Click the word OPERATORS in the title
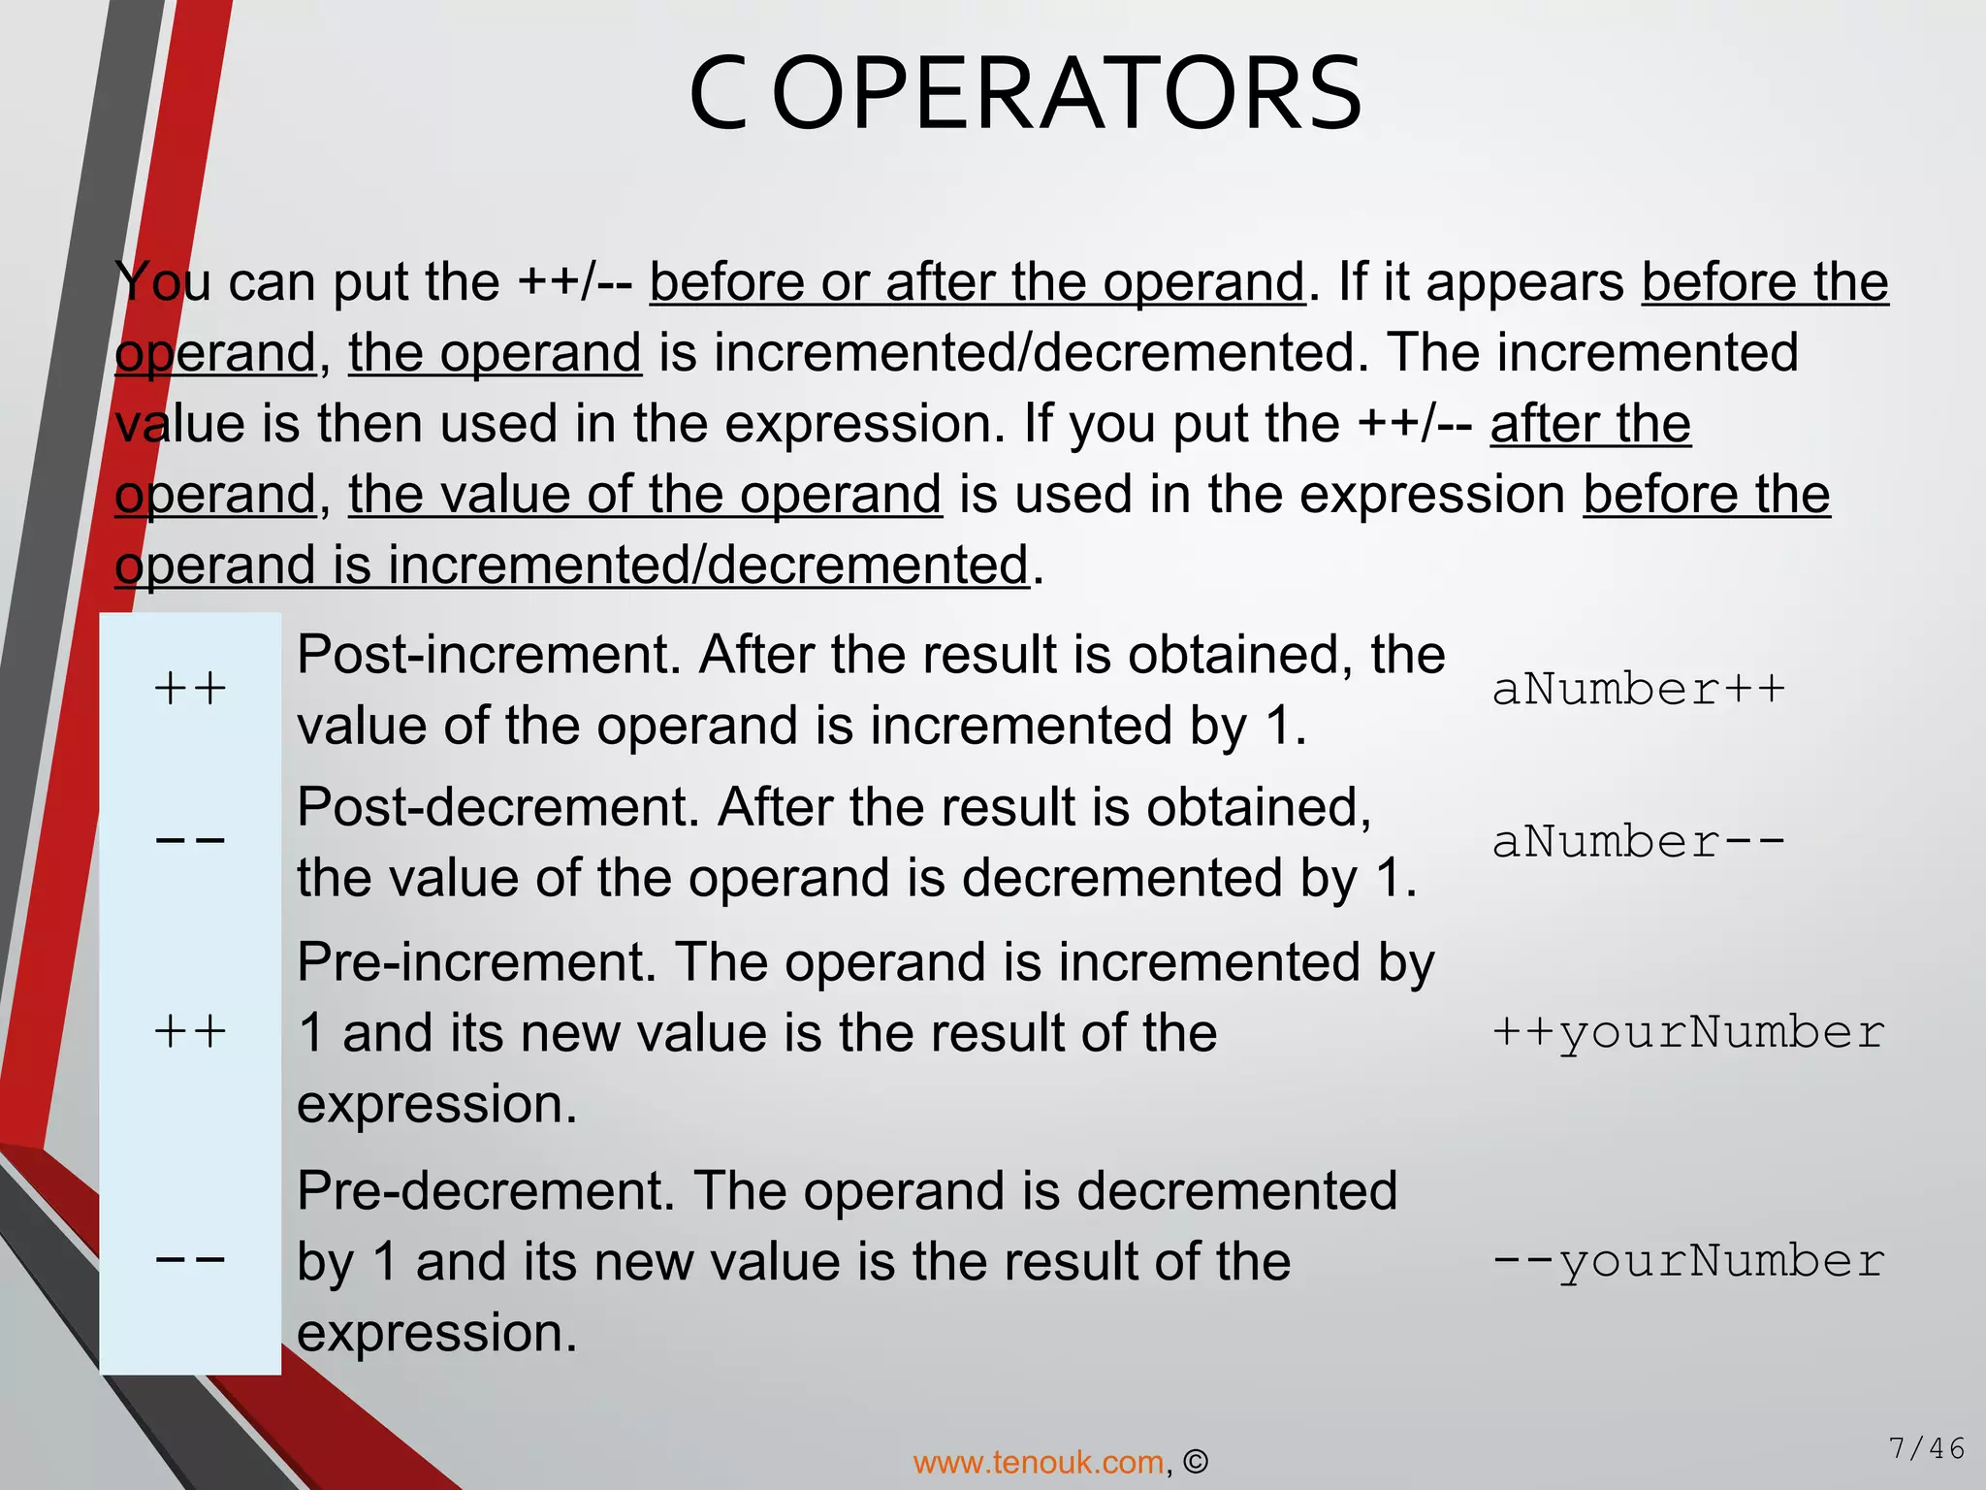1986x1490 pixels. click(x=1068, y=94)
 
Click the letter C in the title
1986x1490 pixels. click(x=718, y=94)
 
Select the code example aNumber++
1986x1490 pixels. click(x=1639, y=690)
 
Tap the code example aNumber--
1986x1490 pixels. click(x=1639, y=841)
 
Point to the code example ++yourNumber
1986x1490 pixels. click(x=1688, y=1031)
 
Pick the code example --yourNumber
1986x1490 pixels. click(x=1688, y=1261)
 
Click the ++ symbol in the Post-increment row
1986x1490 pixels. click(x=190, y=690)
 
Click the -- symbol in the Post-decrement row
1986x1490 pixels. click(x=190, y=841)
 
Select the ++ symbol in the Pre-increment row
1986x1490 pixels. click(x=190, y=1031)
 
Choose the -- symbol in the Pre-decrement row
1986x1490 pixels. click(x=190, y=1261)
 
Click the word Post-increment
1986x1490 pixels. click(x=489, y=655)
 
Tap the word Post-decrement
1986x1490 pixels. click(x=497, y=807)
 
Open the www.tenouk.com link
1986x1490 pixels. click(x=1039, y=1462)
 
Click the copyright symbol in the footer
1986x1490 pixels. click(x=1196, y=1462)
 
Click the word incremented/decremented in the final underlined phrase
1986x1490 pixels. click(x=708, y=565)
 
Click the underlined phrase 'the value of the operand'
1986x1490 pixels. click(x=645, y=494)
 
